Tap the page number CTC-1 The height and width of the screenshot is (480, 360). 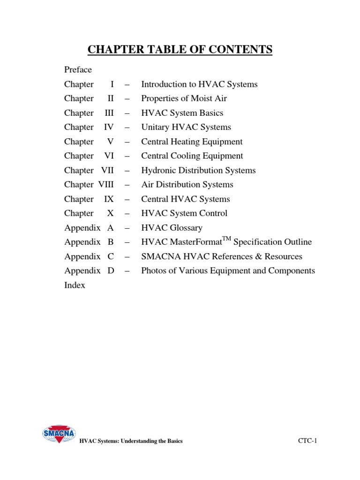tap(307, 441)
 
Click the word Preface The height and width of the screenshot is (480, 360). tap(78, 70)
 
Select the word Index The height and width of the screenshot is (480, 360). tap(75, 285)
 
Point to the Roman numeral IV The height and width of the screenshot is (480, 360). tap(109, 127)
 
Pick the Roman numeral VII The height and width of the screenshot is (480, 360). tap(107, 170)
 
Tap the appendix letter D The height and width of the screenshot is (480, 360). tap(111, 270)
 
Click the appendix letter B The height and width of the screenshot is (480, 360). tap(111, 242)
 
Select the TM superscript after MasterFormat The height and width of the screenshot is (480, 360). tap(226, 239)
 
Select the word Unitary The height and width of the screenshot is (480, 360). tap(155, 127)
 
